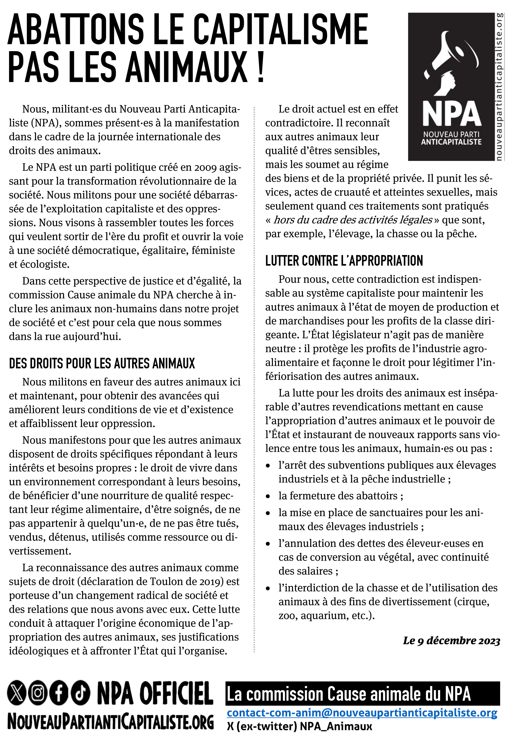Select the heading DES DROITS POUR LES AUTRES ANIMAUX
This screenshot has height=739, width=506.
click(102, 363)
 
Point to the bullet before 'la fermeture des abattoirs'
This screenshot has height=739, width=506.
click(268, 496)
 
